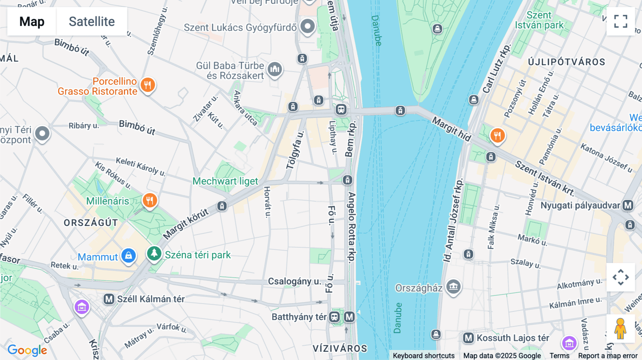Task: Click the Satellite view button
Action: pyautogui.click(x=92, y=22)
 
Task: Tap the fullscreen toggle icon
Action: pyautogui.click(x=621, y=21)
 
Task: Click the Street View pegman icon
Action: pyautogui.click(x=621, y=329)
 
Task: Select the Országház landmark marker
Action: pyautogui.click(x=453, y=286)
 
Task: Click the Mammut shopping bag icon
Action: pyautogui.click(x=128, y=256)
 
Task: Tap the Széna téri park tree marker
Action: pyautogui.click(x=154, y=254)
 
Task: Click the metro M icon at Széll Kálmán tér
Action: pyautogui.click(x=109, y=299)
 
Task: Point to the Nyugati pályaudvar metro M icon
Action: pyautogui.click(x=628, y=205)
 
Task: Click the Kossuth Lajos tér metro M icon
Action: pyautogui.click(x=468, y=338)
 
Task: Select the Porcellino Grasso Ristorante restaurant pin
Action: pyautogui.click(x=148, y=85)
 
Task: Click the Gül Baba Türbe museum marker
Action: pyautogui.click(x=275, y=69)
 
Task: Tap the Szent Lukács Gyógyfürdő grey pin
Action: pyautogui.click(x=307, y=26)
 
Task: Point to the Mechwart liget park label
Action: pyautogui.click(x=225, y=181)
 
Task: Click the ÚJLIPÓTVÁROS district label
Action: pyautogui.click(x=566, y=62)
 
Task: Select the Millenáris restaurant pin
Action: pyautogui.click(x=150, y=201)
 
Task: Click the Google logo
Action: pyautogui.click(x=27, y=350)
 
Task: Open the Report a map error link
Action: pyautogui.click(x=607, y=356)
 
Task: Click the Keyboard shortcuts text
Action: pyautogui.click(x=423, y=356)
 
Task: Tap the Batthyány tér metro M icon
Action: pyautogui.click(x=350, y=317)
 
